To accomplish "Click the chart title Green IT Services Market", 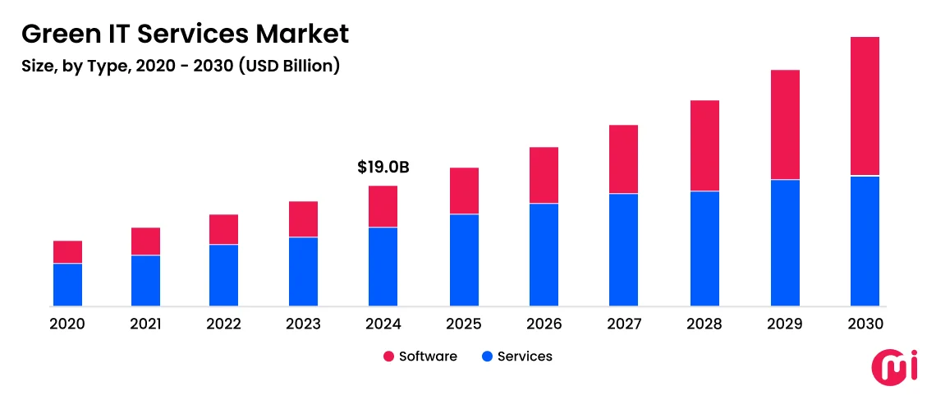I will point(185,34).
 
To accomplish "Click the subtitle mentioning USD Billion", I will point(181,67).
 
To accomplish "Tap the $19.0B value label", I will point(383,168).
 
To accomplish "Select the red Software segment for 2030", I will point(865,106).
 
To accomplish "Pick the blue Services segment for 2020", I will point(67,284).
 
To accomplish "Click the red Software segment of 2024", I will point(383,206).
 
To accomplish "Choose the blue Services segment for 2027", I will point(623,250).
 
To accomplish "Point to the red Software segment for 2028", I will point(704,145).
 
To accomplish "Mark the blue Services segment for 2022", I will point(223,275).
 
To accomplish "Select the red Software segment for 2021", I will point(145,242).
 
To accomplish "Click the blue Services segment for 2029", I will point(785,242).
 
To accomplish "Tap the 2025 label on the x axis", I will point(464,324).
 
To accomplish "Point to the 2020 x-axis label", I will point(67,324).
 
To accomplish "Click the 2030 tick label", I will point(865,324).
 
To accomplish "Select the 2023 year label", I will point(303,324).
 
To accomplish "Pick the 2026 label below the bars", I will point(544,324).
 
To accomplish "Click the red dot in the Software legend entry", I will point(388,357).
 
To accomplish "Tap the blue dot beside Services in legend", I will point(487,357).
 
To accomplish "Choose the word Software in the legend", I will point(428,357).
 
